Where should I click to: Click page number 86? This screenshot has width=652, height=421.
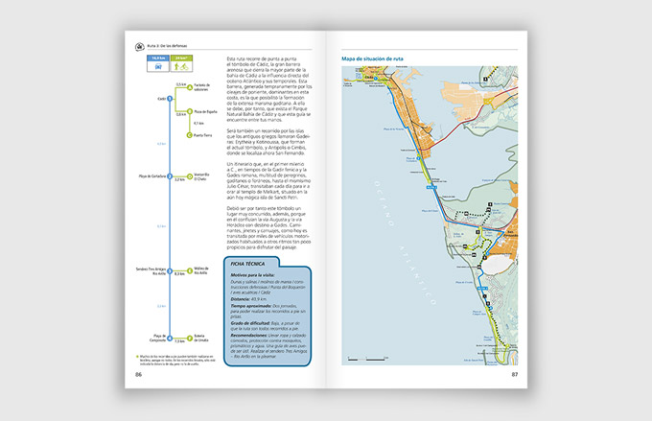pyautogui.click(x=139, y=374)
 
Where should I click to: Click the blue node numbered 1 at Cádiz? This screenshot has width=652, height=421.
pyautogui.click(x=169, y=98)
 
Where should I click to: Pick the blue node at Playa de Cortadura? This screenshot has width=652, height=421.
pyautogui.click(x=169, y=178)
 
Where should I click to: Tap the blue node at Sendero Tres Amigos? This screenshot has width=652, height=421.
pyautogui.click(x=169, y=273)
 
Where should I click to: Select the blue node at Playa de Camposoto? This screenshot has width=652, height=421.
pyautogui.click(x=169, y=339)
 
